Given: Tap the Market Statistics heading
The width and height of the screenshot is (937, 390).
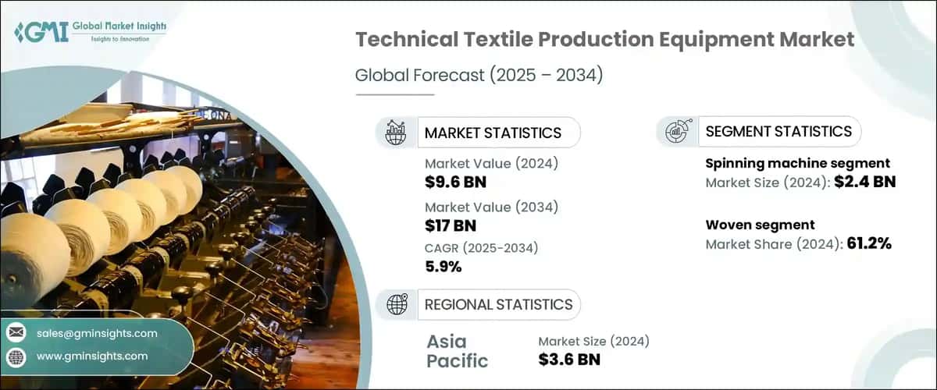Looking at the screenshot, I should pos(493,133).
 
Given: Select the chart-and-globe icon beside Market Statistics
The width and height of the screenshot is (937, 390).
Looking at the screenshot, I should pos(397,133).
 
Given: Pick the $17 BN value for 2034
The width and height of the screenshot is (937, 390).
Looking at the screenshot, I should pos(451,226).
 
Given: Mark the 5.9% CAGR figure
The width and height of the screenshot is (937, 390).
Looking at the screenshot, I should pos(444,267).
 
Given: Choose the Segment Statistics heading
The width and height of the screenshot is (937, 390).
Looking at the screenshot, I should pos(778,132).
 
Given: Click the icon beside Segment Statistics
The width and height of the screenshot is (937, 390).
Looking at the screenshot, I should pos(676,132).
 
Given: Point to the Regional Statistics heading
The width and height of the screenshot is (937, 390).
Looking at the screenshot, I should pos(498,304).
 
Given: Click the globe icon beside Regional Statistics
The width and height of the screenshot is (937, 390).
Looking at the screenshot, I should pos(397,304).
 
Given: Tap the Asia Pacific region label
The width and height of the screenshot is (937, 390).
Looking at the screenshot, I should pos(457,351).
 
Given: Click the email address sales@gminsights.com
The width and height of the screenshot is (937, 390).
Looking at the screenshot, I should pos(97,333).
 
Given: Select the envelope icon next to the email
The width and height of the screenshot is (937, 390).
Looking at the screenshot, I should pos(16,333).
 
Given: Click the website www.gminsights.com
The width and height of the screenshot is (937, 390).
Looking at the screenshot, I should pos(92,356).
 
